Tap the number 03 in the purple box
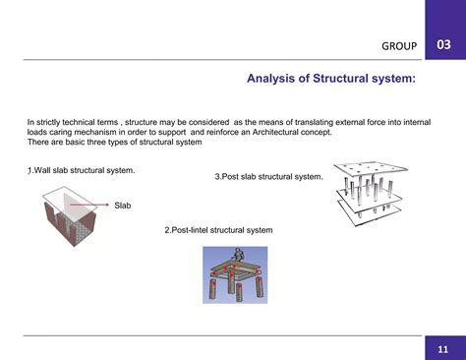click(444, 43)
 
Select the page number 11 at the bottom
click(444, 348)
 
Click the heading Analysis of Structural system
click(330, 79)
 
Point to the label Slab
click(123, 205)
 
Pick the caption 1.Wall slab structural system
click(81, 170)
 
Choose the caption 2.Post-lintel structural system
click(218, 230)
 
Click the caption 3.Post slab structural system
click(268, 177)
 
